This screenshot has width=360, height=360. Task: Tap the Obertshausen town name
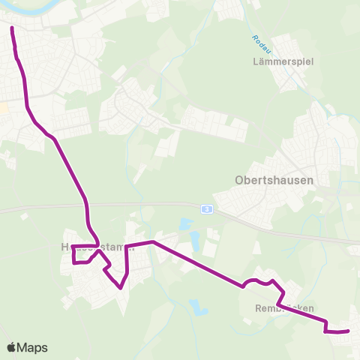pos(274,180)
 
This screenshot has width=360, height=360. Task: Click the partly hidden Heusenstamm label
pos(93,247)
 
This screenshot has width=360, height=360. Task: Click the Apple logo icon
pos(12,348)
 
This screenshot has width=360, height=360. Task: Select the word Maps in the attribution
pos(34,348)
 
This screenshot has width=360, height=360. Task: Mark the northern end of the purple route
pos(12,28)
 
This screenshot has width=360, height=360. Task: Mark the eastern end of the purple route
pos(349,330)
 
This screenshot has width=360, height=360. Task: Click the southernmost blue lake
pos(197,306)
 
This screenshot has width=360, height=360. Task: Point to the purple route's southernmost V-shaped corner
pos(120,287)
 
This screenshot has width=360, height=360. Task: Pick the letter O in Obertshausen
pos(240,180)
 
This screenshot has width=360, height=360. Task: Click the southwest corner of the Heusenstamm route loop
pos(73,263)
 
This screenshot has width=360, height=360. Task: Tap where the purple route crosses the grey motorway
pos(88,208)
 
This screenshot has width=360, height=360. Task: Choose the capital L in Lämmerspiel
pos(256,63)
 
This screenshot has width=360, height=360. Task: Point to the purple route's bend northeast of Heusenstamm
pos(153,241)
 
